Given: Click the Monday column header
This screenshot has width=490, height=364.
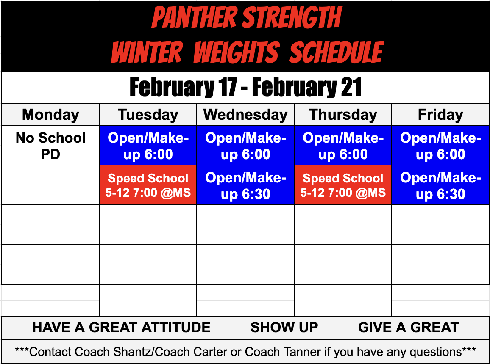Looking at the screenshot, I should tap(50, 115).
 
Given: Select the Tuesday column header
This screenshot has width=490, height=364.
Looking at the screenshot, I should tap(148, 115).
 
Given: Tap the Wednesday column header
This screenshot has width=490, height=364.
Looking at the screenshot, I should tap(245, 115).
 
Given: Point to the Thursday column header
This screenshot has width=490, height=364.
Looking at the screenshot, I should tap(343, 115).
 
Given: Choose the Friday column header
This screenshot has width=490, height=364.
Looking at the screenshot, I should tap(440, 115).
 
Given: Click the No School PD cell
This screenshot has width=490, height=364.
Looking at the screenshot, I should tap(50, 146).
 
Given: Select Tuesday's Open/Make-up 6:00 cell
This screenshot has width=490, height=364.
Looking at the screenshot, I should tap(148, 146).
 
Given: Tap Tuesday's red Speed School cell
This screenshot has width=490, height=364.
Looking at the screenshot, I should tap(148, 185).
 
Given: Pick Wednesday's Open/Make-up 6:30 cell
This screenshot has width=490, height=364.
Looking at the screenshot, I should tap(245, 185).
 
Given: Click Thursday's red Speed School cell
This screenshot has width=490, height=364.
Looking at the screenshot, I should tap(343, 185).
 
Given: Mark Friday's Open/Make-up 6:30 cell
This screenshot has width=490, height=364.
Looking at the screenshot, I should tap(440, 185).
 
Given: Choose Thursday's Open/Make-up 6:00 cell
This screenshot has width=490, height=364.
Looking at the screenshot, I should tap(343, 146).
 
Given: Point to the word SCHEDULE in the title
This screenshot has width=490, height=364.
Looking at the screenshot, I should tap(337, 52).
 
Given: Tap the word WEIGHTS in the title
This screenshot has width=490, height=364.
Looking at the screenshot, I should tap(236, 52).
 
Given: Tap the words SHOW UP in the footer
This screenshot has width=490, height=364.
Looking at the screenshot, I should tap(284, 327).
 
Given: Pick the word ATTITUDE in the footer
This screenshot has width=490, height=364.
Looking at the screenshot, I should tap(176, 327).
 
